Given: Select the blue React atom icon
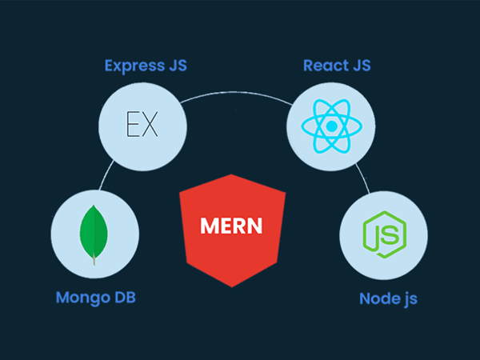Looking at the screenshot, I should pyautogui.click(x=332, y=126).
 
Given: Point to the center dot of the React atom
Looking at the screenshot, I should pyautogui.click(x=332, y=126).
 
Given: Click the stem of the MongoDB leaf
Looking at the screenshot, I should pyautogui.click(x=95, y=258).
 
